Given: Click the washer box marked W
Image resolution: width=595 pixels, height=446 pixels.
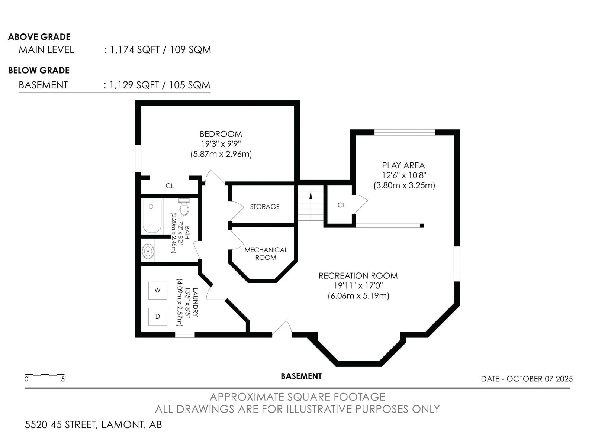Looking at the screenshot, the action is (157, 290).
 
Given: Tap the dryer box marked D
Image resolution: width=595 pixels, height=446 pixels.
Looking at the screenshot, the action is (157, 316).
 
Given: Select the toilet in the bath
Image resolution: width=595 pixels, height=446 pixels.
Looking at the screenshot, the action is (184, 207).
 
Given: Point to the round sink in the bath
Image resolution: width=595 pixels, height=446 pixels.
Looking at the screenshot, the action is (148, 251).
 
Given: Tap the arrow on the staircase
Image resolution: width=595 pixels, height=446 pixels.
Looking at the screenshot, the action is (311, 195).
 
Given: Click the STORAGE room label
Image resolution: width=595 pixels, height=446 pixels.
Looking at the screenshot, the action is (264, 207).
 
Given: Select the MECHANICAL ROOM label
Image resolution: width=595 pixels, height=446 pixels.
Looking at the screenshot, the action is (266, 253).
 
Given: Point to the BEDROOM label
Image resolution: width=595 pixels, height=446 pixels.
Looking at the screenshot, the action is (221, 134).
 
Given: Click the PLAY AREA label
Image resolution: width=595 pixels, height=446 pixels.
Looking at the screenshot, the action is (403, 165).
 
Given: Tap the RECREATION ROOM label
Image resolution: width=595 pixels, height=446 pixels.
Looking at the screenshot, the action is (358, 276).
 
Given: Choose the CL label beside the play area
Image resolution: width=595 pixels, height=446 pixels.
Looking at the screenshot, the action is (341, 205).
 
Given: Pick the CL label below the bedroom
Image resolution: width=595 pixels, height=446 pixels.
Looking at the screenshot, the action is (170, 186).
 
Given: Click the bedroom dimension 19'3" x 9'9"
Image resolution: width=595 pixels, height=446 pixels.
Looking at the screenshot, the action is (221, 144).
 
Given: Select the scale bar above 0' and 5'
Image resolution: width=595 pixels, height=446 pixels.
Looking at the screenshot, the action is (45, 375).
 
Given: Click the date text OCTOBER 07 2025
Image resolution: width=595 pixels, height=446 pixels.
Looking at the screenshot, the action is (540, 379).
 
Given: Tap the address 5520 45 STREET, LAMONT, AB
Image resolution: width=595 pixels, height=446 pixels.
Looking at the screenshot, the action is (93, 424).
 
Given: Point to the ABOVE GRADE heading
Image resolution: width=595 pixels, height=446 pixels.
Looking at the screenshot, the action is (39, 37).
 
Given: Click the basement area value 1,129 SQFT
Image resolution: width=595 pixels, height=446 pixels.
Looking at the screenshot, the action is (134, 85).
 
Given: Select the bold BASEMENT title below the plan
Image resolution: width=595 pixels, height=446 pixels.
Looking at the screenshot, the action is (301, 376).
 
